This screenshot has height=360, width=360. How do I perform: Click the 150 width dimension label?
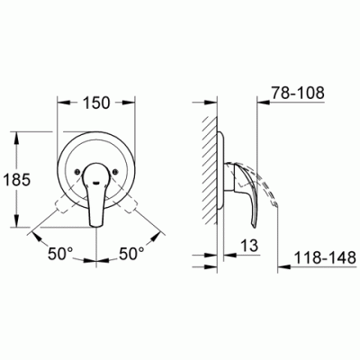96,103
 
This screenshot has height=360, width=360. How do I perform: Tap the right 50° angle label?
132,254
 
